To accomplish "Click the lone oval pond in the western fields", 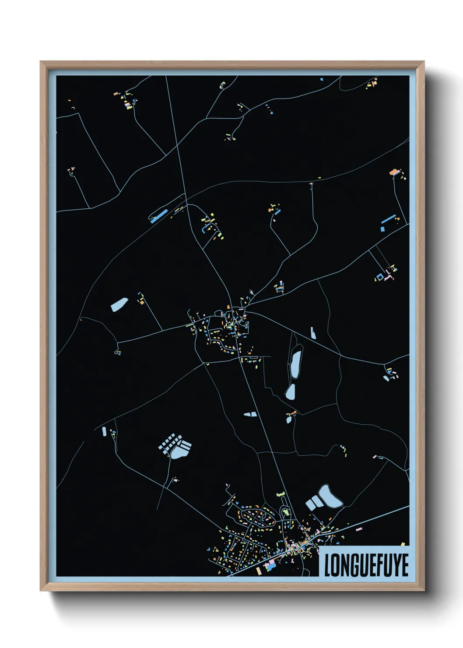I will tap(119, 304).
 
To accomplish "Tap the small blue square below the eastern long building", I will tap(382, 229).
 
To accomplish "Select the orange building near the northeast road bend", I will tap(393, 172).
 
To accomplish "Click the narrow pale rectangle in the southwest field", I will tap(104, 431).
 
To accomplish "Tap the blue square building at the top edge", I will tap(321, 79).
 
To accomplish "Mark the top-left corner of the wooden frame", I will tap(41, 62).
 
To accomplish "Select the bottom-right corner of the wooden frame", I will tap(424, 590).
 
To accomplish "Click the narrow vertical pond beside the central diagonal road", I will tap(313, 333).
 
